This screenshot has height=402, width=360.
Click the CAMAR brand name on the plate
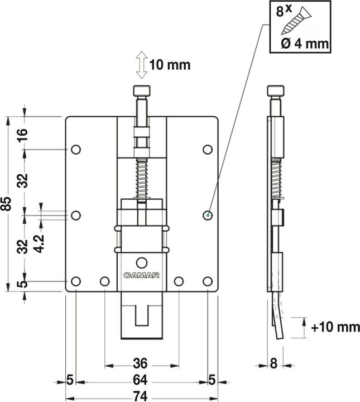[142, 275]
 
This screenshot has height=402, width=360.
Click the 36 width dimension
[141, 363]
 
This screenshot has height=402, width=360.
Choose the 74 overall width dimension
[141, 396]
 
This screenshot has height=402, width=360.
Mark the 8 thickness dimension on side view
[273, 363]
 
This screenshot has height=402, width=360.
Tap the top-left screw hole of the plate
[76, 149]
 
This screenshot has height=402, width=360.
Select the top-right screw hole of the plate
[207, 149]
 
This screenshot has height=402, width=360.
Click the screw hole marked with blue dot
[207, 215]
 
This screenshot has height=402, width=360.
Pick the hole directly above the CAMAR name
[142, 261]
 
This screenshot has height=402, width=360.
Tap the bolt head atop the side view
[273, 91]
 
